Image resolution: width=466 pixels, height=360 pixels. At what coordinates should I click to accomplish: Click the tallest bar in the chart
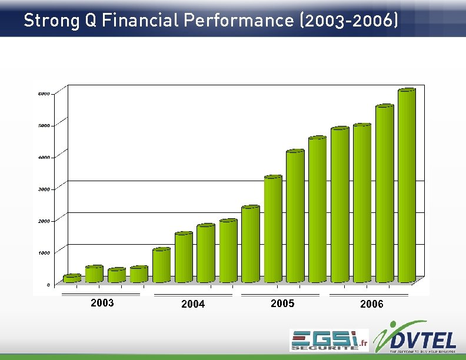click(x=407, y=185)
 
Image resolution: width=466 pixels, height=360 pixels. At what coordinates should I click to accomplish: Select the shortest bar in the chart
click(x=72, y=278)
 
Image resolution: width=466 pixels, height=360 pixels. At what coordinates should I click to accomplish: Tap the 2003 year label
click(x=102, y=303)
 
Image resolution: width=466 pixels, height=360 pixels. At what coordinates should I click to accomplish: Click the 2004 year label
click(x=193, y=304)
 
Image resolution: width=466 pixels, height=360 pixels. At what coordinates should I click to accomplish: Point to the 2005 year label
click(x=282, y=303)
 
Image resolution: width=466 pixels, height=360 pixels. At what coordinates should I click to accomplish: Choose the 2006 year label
click(x=371, y=304)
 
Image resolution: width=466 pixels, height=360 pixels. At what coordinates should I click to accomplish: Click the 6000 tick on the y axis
click(x=44, y=94)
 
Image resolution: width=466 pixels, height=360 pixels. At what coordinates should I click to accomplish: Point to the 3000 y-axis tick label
click(x=44, y=189)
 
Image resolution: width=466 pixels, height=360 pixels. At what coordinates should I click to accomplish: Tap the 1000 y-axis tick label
click(x=44, y=252)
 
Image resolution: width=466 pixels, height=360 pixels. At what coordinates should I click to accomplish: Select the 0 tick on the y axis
click(x=48, y=284)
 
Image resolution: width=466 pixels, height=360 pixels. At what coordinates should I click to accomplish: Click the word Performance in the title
click(x=239, y=21)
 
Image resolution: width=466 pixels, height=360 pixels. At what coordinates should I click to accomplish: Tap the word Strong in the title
click(x=51, y=21)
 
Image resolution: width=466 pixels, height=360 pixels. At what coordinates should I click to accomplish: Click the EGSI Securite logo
click(x=328, y=340)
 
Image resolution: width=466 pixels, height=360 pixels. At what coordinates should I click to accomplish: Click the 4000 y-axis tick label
click(x=44, y=157)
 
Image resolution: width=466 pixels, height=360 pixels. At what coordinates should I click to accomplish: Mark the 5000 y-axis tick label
click(x=44, y=125)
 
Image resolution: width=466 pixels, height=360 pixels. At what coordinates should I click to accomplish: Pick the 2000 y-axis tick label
click(x=44, y=221)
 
